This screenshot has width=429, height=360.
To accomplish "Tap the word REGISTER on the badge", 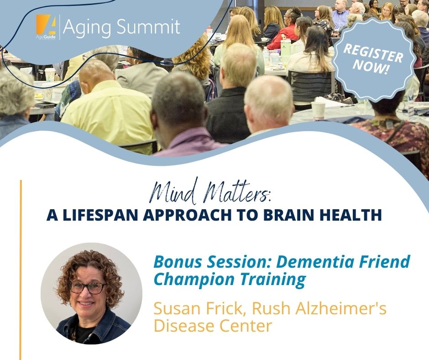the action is [x=373, y=53].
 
